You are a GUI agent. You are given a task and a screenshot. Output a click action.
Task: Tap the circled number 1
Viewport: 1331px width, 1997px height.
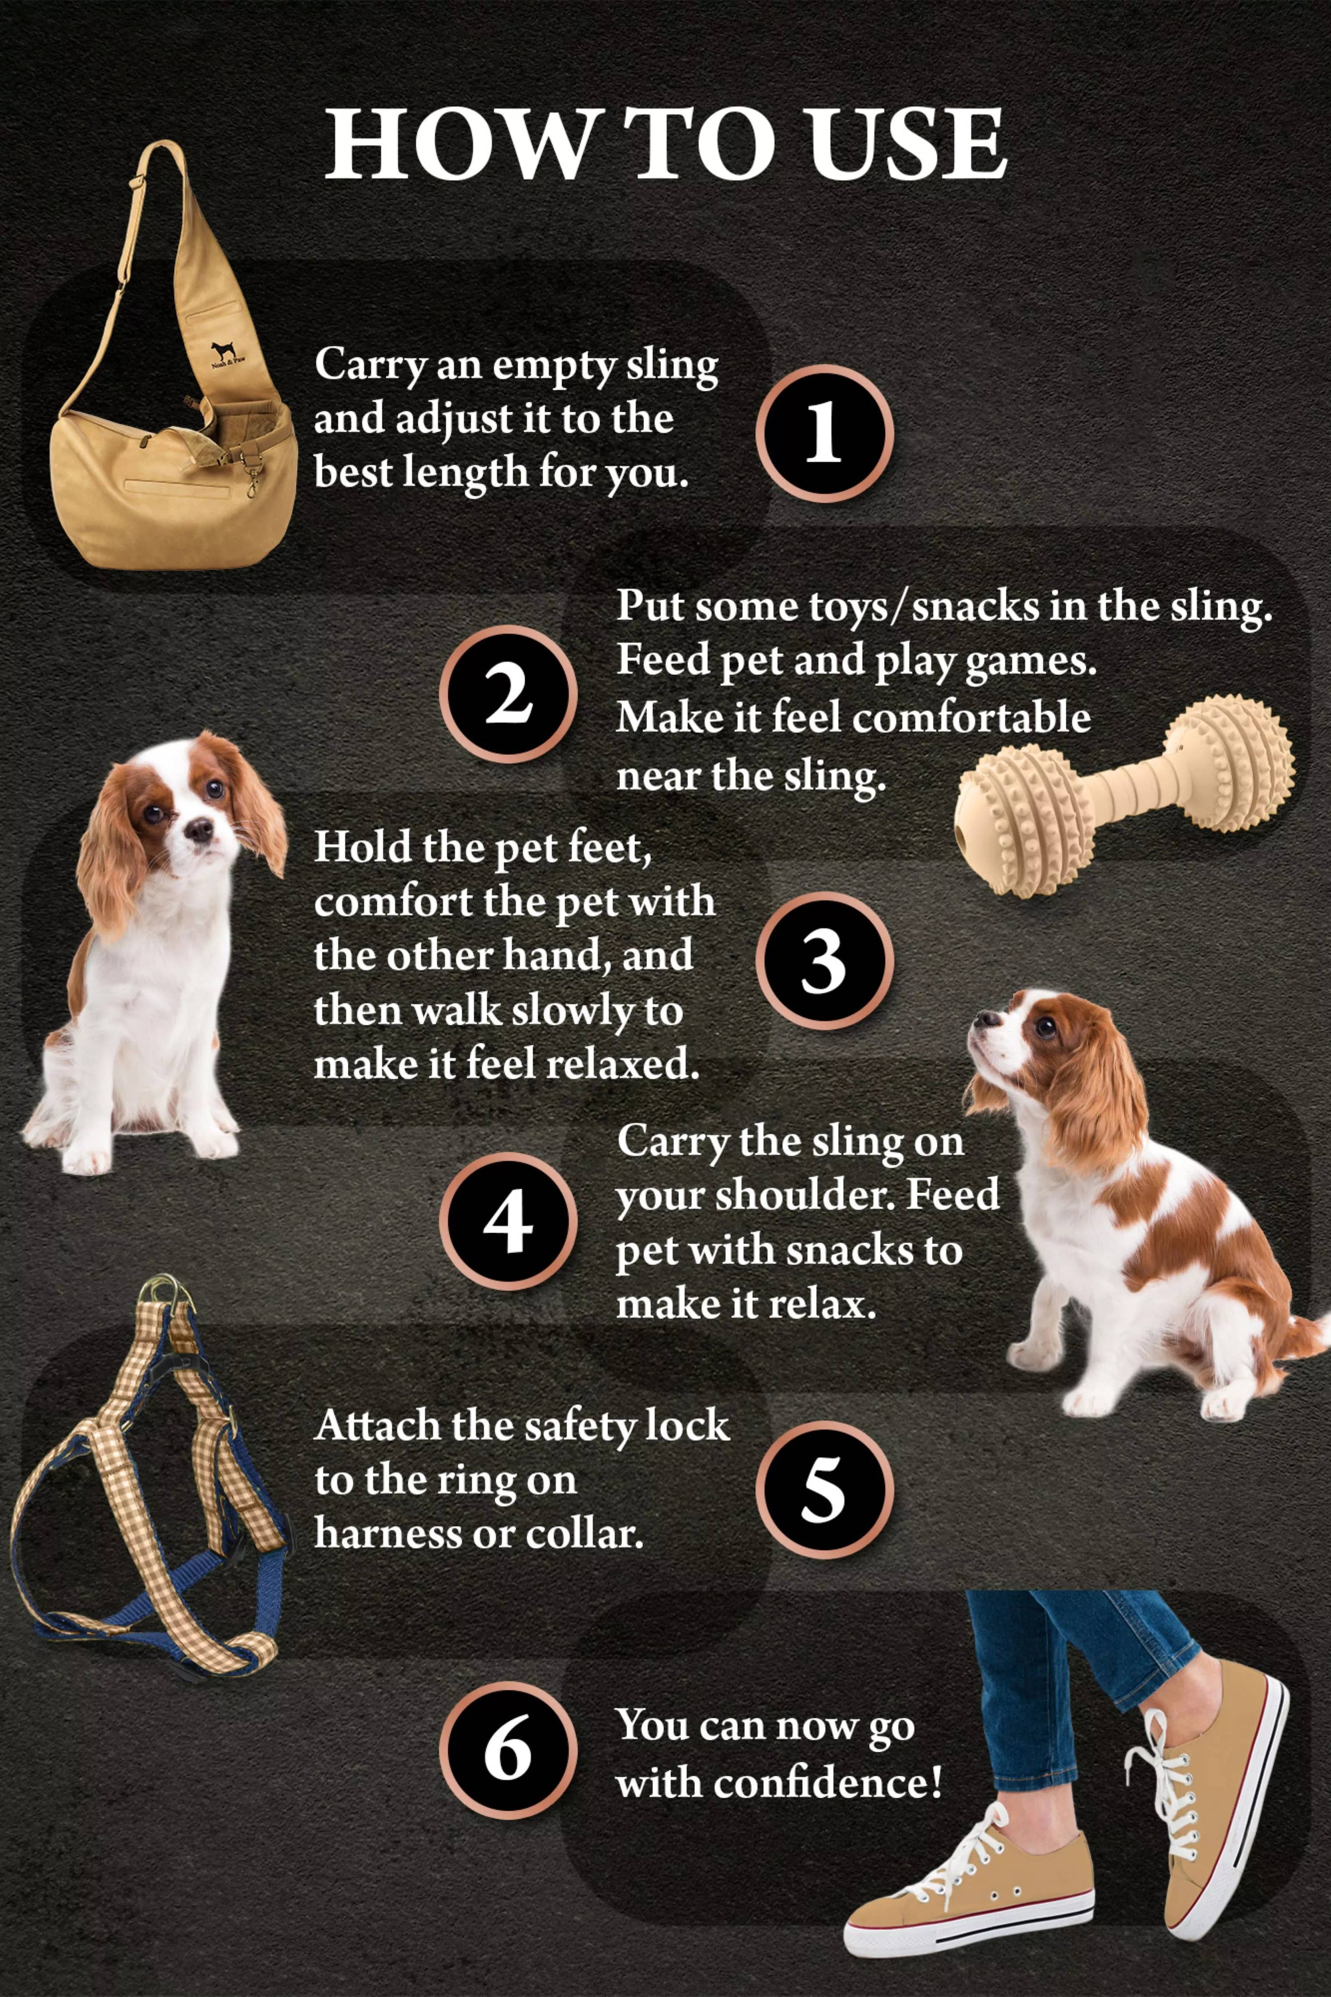(823, 433)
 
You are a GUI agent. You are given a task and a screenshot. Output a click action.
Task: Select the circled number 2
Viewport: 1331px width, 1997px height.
(508, 694)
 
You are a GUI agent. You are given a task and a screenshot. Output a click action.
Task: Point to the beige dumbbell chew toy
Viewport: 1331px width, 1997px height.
(1125, 785)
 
